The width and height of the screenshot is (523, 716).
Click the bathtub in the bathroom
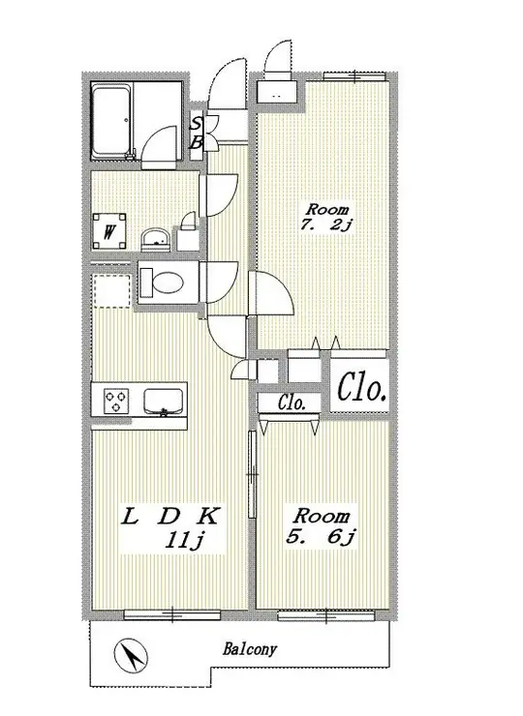112,121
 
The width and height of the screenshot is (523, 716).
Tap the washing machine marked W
108,232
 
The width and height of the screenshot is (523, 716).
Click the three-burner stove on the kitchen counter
116,401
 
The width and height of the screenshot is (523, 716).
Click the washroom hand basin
155,240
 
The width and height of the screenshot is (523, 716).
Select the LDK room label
170,518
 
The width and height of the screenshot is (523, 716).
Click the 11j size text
185,541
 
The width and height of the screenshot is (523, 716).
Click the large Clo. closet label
361,389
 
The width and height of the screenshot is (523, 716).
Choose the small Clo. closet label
292,403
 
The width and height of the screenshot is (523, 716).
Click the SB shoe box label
196,133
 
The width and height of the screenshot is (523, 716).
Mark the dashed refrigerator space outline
111,291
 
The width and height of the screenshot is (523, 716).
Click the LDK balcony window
172,614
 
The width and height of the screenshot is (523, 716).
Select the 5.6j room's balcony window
327,616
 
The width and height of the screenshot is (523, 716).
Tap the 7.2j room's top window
354,76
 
